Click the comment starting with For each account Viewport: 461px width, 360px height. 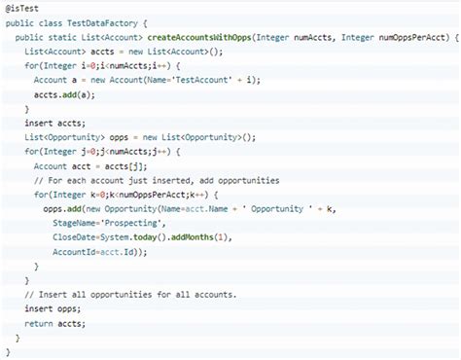coord(156,181)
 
